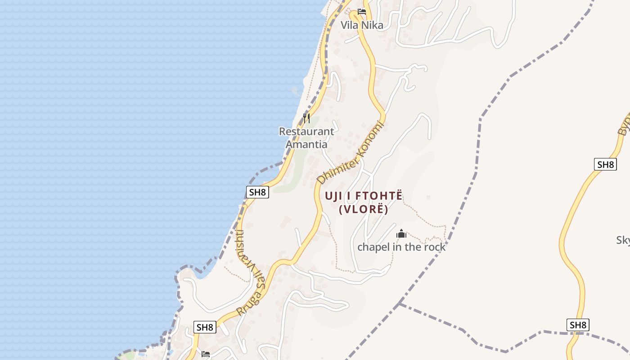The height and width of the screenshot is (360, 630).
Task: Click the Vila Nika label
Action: [x=362, y=25]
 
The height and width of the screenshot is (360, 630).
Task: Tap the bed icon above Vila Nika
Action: [x=362, y=12]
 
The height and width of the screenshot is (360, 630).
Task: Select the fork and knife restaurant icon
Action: [x=306, y=118]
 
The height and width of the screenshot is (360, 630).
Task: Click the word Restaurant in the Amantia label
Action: [x=306, y=131]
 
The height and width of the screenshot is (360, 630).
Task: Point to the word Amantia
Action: [x=306, y=144]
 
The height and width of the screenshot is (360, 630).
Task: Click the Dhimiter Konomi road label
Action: [x=352, y=152]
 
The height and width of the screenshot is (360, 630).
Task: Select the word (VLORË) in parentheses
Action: [x=363, y=209]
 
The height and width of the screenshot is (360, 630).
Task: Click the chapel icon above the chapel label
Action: [x=401, y=234]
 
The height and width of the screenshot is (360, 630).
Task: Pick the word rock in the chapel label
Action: [x=434, y=247]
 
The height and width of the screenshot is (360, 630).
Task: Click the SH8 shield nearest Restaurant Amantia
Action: [x=258, y=192]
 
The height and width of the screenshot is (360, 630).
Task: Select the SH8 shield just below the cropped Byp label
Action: [x=605, y=164]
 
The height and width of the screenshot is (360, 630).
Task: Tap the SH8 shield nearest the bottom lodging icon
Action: [x=205, y=327]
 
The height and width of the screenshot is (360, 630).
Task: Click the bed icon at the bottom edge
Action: [x=206, y=354]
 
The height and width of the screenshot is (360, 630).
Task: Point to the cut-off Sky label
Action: [x=623, y=240]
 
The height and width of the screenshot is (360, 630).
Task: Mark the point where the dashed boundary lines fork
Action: [x=400, y=304]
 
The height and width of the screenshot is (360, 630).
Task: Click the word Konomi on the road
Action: [x=372, y=136]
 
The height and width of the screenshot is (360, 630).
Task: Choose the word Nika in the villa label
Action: [x=373, y=25]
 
